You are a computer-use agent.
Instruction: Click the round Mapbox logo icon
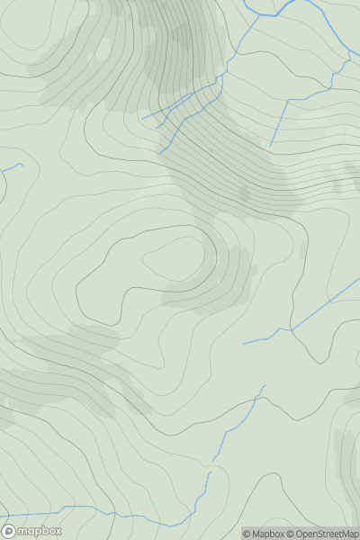tap(8, 531)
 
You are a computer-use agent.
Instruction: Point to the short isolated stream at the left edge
tap(13, 166)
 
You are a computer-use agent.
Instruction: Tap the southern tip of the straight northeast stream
tap(270, 144)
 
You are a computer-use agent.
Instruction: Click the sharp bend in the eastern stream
tap(290, 328)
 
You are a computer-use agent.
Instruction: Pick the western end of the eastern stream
tap(243, 343)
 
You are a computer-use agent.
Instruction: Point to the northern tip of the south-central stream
tap(265, 386)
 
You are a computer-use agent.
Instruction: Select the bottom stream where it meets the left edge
tap(2, 509)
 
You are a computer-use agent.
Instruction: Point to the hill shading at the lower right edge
tap(346, 459)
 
